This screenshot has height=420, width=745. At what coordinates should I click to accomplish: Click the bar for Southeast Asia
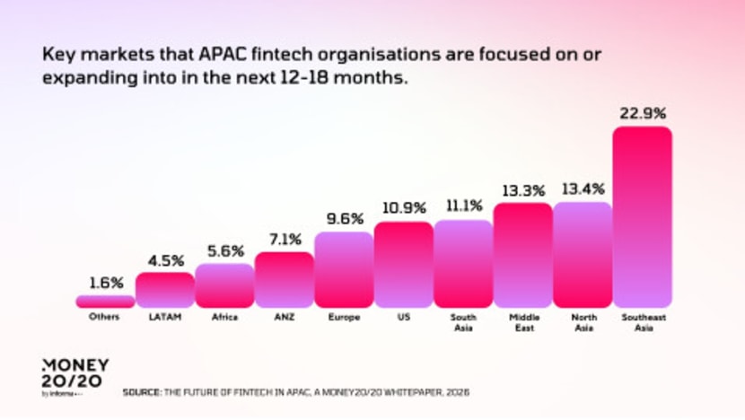point(642,216)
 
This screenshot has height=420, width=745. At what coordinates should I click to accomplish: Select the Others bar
point(105,302)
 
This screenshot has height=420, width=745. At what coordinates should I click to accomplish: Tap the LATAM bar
point(164,290)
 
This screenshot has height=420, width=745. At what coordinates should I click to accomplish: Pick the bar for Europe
point(344,269)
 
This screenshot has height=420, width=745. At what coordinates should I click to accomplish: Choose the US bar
point(403,265)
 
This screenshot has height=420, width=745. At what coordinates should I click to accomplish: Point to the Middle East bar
point(522,255)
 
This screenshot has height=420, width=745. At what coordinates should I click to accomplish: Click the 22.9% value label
point(642,114)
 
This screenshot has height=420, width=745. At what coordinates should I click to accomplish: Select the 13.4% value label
point(583,188)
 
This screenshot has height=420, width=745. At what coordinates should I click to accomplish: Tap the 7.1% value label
point(284,240)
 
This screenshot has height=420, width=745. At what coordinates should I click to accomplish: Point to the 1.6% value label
point(105,283)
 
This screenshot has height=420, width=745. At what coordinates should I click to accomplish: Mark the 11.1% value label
point(463,206)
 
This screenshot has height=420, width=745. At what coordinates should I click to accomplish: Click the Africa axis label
point(224,318)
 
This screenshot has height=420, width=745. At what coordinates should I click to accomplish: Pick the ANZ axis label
point(284,318)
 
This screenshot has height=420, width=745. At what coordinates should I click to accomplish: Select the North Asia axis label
point(583,322)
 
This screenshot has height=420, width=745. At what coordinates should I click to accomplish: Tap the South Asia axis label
point(463,322)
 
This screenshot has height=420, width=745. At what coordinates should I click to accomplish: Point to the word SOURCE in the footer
point(141,392)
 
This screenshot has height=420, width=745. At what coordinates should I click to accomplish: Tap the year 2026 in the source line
point(458,392)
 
